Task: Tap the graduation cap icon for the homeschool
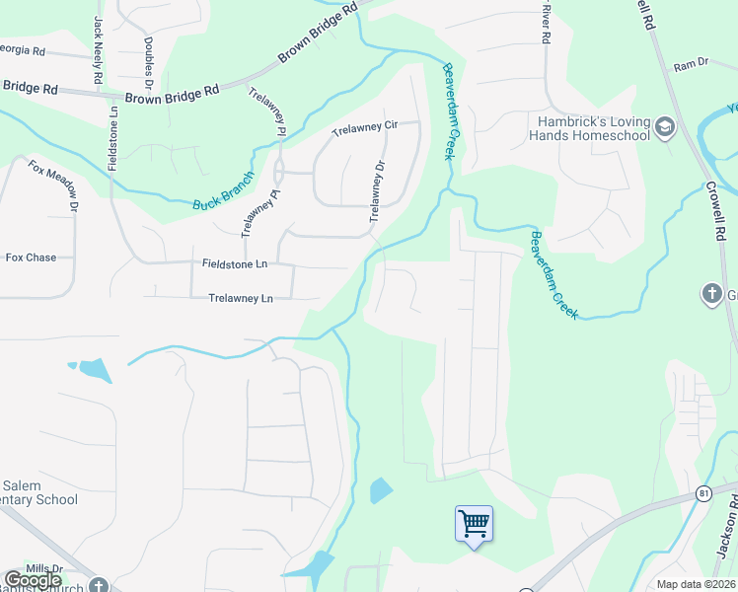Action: pyautogui.click(x=665, y=126)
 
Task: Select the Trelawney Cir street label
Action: pyautogui.click(x=364, y=127)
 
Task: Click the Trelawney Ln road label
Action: pyautogui.click(x=241, y=298)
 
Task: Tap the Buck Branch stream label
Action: pyautogui.click(x=223, y=190)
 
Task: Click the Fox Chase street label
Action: pyautogui.click(x=31, y=258)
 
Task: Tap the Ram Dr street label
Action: pyautogui.click(x=691, y=65)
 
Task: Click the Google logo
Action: pyautogui.click(x=33, y=580)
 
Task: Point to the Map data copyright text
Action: pyautogui.click(x=696, y=584)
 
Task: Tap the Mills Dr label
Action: pyautogui.click(x=43, y=568)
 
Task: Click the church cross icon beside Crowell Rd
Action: pyautogui.click(x=710, y=293)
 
